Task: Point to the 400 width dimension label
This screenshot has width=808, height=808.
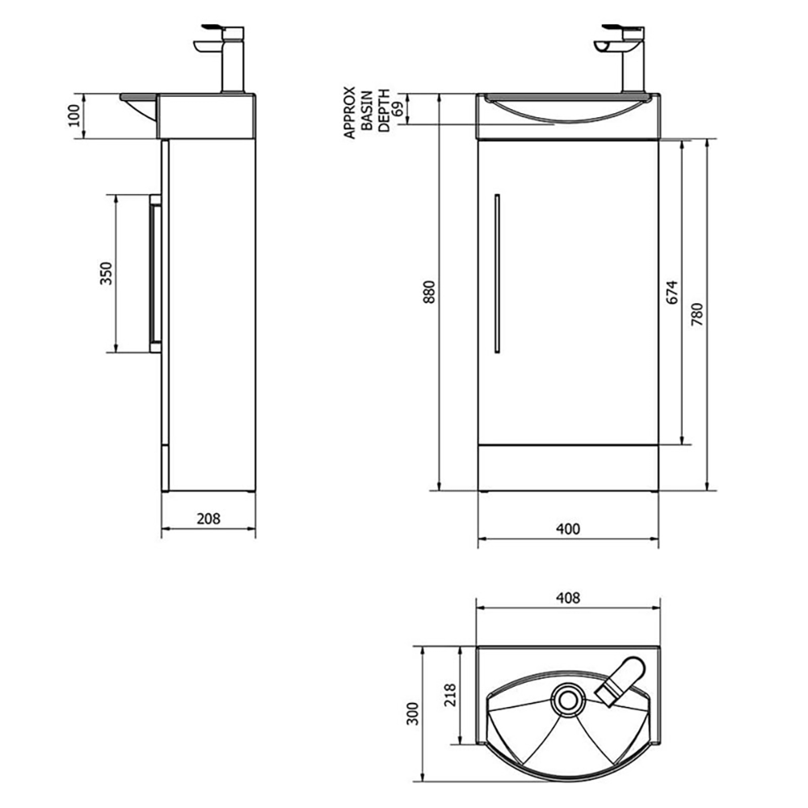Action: click(x=568, y=529)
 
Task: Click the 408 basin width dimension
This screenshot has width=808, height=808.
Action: click(x=568, y=599)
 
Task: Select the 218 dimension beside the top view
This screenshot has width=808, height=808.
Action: click(x=450, y=696)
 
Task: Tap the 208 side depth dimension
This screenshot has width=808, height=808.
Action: click(x=208, y=519)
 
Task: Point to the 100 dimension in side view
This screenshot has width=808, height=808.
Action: click(x=74, y=116)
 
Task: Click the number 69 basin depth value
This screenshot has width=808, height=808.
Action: click(x=398, y=110)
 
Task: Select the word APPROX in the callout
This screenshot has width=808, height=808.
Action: click(x=350, y=112)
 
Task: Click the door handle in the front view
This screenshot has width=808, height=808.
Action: click(x=497, y=272)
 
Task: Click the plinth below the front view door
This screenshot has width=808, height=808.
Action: click(x=568, y=468)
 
